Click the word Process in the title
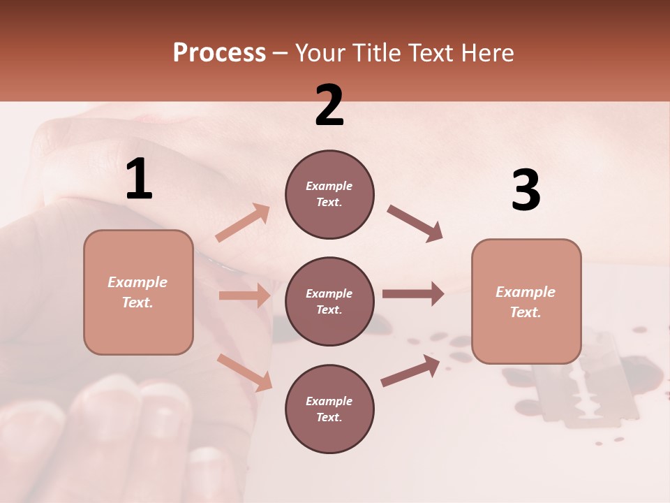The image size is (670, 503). click(219, 53)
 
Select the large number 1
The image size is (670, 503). click(139, 180)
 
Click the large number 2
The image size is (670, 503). click(329, 105)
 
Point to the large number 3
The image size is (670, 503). click(526, 191)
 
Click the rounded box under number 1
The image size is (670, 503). click(138, 292)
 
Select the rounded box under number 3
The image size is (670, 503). click(526, 302)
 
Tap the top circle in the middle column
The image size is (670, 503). click(329, 194)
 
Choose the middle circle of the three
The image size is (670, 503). click(329, 302)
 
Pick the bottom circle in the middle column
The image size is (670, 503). click(329, 409)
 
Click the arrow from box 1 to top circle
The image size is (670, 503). click(243, 222)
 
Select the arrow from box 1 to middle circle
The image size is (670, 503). click(244, 296)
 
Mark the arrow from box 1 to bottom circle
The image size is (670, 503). click(244, 372)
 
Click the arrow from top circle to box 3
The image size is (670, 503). click(415, 224)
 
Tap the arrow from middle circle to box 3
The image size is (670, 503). click(412, 293)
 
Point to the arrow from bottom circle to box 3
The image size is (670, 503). click(410, 370)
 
